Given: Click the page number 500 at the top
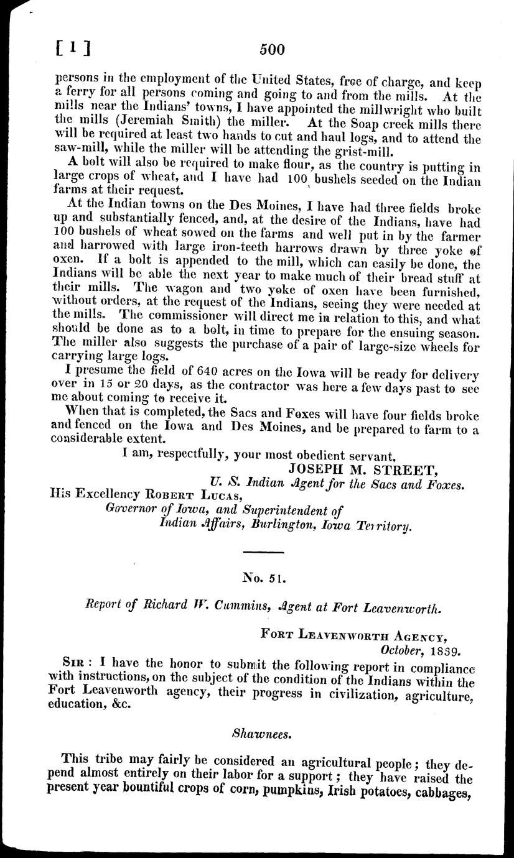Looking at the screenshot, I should click(x=272, y=50).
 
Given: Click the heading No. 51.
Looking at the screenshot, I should click(x=264, y=578).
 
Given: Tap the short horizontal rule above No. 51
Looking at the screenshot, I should click(x=263, y=551).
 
